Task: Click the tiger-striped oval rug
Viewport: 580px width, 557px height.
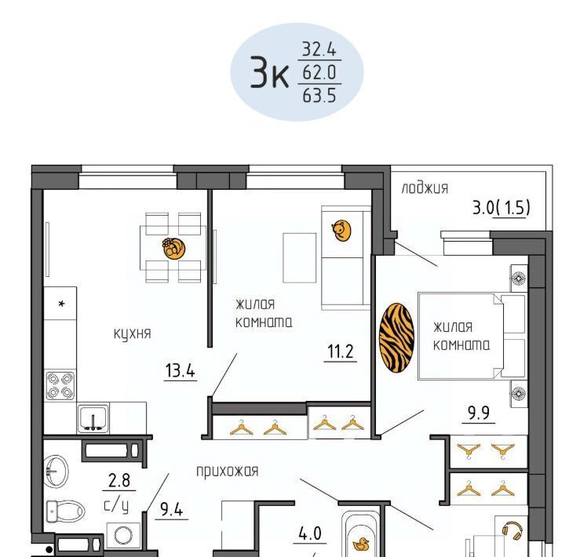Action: pyautogui.click(x=396, y=338)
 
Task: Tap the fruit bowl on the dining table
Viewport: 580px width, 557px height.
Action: pyautogui.click(x=174, y=248)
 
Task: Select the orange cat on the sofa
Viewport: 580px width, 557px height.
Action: pyautogui.click(x=341, y=231)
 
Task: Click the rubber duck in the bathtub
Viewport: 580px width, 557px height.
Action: pyautogui.click(x=361, y=544)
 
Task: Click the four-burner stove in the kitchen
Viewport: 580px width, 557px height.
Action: pyautogui.click(x=60, y=386)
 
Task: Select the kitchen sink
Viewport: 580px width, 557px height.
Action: pyautogui.click(x=93, y=419)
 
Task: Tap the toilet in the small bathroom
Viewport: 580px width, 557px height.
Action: pyautogui.click(x=65, y=511)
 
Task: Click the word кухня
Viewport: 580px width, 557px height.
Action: pyautogui.click(x=133, y=333)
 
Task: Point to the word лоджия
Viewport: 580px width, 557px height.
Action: pyautogui.click(x=425, y=188)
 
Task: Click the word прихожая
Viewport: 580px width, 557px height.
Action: pyautogui.click(x=227, y=471)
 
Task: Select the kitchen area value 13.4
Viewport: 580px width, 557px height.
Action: pyautogui.click(x=181, y=370)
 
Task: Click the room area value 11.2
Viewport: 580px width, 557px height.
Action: pyautogui.click(x=341, y=351)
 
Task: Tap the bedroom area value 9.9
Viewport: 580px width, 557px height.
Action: pyautogui.click(x=479, y=413)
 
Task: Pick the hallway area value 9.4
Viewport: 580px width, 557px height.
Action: pyautogui.click(x=172, y=510)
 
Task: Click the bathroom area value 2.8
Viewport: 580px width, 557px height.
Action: pyautogui.click(x=119, y=480)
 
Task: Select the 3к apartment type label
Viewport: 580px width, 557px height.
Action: pyautogui.click(x=269, y=72)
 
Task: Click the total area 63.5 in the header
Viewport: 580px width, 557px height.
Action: pyautogui.click(x=319, y=96)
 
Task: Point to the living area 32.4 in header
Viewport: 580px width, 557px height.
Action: pyautogui.click(x=319, y=49)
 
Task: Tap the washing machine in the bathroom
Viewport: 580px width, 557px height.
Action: pyautogui.click(x=123, y=535)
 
